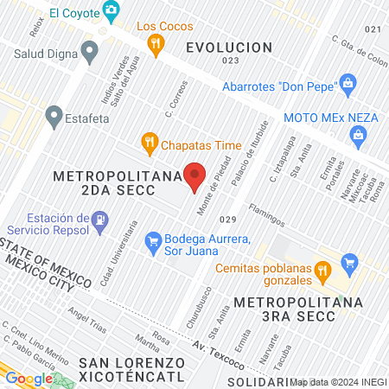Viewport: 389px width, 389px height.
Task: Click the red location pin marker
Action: (x=195, y=175)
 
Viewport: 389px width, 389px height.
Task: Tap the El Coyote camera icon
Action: (x=111, y=11)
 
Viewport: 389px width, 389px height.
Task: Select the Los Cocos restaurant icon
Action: (x=156, y=46)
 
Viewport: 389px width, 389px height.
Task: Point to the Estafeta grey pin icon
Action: (x=54, y=115)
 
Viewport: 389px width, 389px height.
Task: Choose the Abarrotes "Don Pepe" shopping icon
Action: (x=348, y=84)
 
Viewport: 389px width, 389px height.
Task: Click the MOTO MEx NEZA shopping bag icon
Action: (x=358, y=135)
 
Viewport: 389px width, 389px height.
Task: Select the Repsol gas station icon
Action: (x=99, y=221)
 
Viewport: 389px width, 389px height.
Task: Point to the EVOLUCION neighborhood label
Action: (x=229, y=48)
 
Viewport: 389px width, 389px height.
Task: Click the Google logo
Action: (x=29, y=379)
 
